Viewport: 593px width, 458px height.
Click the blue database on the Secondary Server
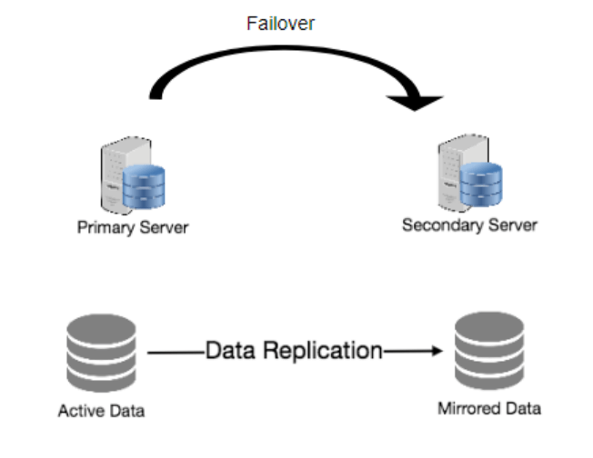point(479,182)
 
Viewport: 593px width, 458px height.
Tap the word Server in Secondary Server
point(511,224)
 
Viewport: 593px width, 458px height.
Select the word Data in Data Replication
point(228,351)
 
